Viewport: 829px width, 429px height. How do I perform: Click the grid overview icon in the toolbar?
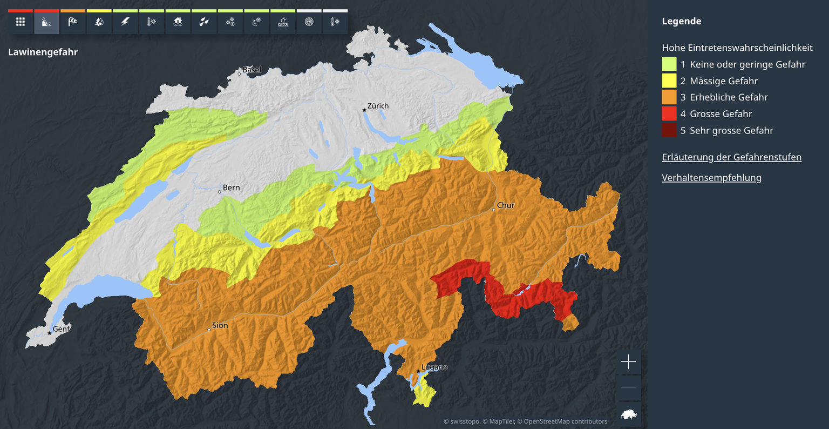coord(21,22)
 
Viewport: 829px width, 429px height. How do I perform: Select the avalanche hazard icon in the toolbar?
coord(46,22)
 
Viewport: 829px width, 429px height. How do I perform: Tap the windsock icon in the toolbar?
coord(73,22)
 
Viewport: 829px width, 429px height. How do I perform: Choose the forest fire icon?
coord(99,22)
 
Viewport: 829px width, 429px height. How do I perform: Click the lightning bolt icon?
coord(125,22)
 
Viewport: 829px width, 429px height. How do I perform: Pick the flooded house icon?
coord(178,22)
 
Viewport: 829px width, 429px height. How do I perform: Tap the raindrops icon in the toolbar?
coord(204,22)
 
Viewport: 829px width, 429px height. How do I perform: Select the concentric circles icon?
coord(309,22)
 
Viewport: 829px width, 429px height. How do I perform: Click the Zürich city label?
coord(377,106)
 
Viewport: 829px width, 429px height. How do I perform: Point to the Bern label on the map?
coord(231,187)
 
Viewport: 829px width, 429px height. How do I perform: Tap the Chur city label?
coord(506,205)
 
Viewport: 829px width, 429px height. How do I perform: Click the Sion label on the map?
coord(220,325)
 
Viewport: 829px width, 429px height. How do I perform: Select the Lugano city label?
coord(434,367)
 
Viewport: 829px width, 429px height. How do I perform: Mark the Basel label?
coord(252,70)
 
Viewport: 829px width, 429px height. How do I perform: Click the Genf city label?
coord(61,329)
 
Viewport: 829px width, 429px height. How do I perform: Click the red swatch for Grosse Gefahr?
coord(669,114)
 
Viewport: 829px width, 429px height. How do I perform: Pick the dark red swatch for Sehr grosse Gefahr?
coord(669,130)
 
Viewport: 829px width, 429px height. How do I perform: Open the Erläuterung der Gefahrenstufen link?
coord(731,157)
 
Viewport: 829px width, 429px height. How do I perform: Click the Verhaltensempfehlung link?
coord(711,178)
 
